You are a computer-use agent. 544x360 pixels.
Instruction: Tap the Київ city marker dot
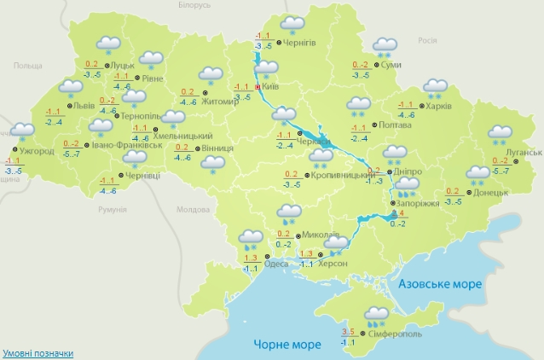(258, 87)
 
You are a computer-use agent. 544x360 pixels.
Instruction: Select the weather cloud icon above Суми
(385, 46)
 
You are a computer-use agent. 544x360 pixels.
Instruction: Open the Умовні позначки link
(38, 352)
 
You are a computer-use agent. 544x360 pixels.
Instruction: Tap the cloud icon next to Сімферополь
(375, 316)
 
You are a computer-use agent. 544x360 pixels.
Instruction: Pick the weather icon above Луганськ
(499, 135)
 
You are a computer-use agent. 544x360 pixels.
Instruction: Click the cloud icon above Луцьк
(108, 44)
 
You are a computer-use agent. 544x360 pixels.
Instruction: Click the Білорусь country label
(195, 5)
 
